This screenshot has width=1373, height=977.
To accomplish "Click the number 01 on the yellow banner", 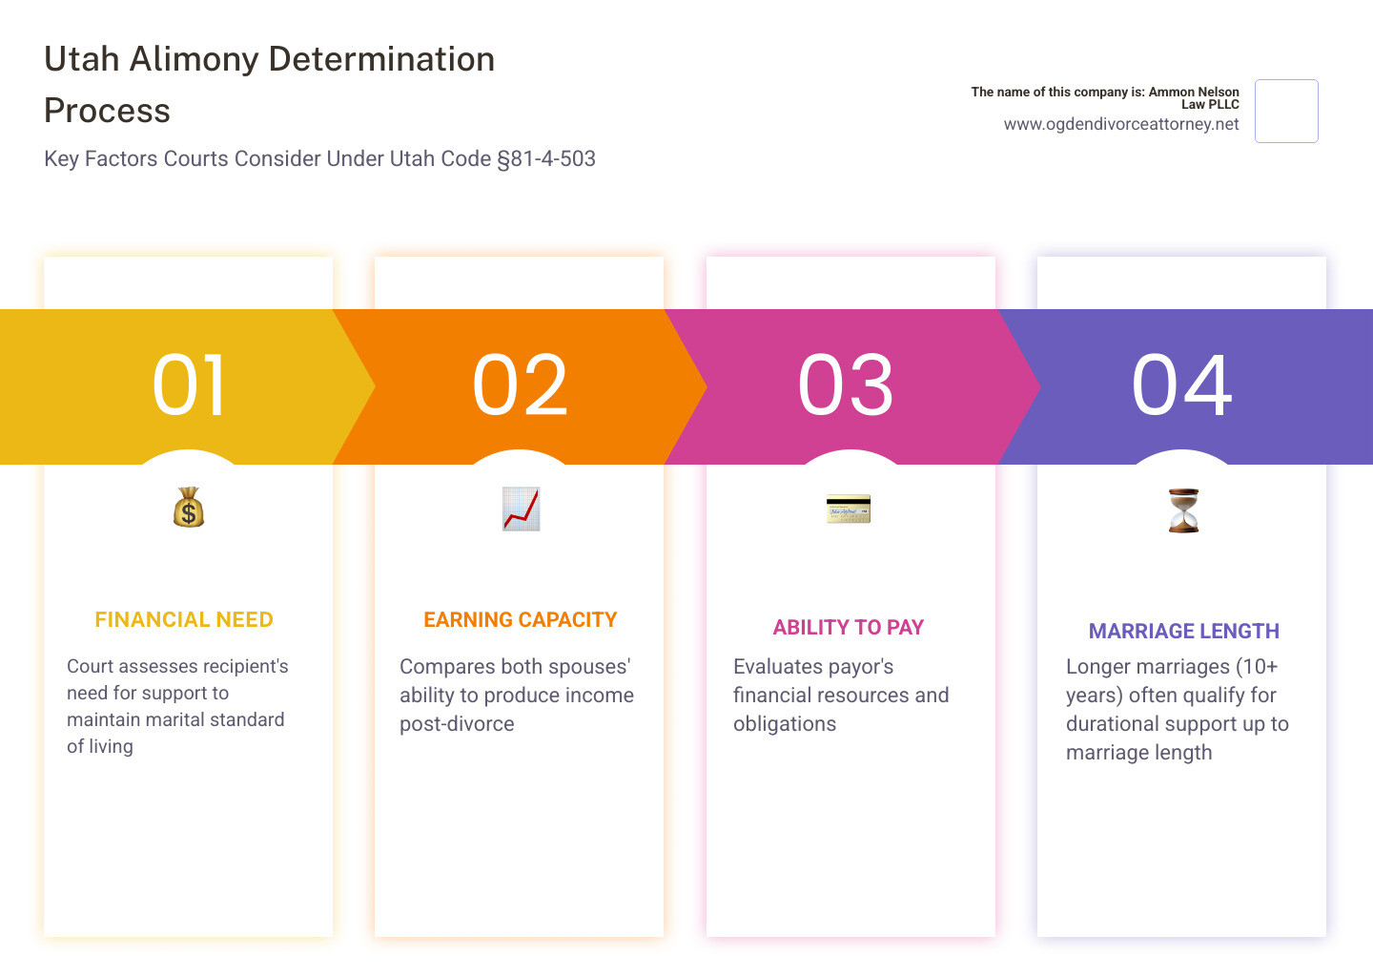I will (189, 385).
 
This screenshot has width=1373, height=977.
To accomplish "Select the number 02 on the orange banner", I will (520, 385).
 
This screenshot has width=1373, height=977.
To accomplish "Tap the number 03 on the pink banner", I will (846, 385).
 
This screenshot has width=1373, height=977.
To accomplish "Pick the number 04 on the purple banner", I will (1181, 385).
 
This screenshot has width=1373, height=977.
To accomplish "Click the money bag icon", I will (189, 508).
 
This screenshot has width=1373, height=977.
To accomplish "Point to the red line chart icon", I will (521, 509).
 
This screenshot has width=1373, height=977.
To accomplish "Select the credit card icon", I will (849, 509).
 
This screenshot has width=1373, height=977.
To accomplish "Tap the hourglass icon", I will (1183, 510).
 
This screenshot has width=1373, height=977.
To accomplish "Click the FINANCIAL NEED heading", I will (184, 620).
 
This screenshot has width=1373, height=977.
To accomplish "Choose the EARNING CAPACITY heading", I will (521, 620).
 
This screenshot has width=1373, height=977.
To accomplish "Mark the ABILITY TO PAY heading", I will (849, 628).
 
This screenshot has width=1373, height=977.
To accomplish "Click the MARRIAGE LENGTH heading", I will (1184, 632).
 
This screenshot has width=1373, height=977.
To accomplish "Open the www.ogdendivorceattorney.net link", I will (1121, 124).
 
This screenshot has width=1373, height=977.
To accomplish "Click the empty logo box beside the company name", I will (1286, 112).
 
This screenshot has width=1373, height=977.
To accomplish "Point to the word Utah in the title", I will (82, 59).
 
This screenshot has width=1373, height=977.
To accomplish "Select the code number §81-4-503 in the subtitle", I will (546, 158).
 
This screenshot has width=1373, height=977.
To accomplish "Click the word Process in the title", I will (107, 111).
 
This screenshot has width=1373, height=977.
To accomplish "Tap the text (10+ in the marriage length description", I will (1257, 667).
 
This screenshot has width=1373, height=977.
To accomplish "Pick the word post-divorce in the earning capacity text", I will (457, 724).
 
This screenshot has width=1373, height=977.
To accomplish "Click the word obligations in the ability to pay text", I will (785, 724).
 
